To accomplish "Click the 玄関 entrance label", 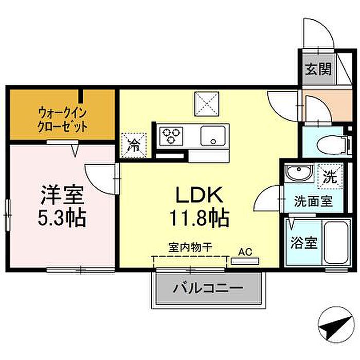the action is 318,69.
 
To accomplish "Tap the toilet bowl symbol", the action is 333,145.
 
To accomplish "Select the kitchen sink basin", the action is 213,136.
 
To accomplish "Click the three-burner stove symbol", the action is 171,136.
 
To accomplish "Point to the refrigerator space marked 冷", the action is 134,145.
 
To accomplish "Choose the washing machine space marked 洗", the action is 330,176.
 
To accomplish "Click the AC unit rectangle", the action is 245,261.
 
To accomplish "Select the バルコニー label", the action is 208,288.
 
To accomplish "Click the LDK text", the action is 199,195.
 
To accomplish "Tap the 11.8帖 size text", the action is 200,218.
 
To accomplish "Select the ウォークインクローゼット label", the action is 62,120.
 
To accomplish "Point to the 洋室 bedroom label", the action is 62,195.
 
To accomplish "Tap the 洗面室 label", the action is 313,202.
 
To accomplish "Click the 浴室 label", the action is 304,243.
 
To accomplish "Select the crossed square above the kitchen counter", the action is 207,104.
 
